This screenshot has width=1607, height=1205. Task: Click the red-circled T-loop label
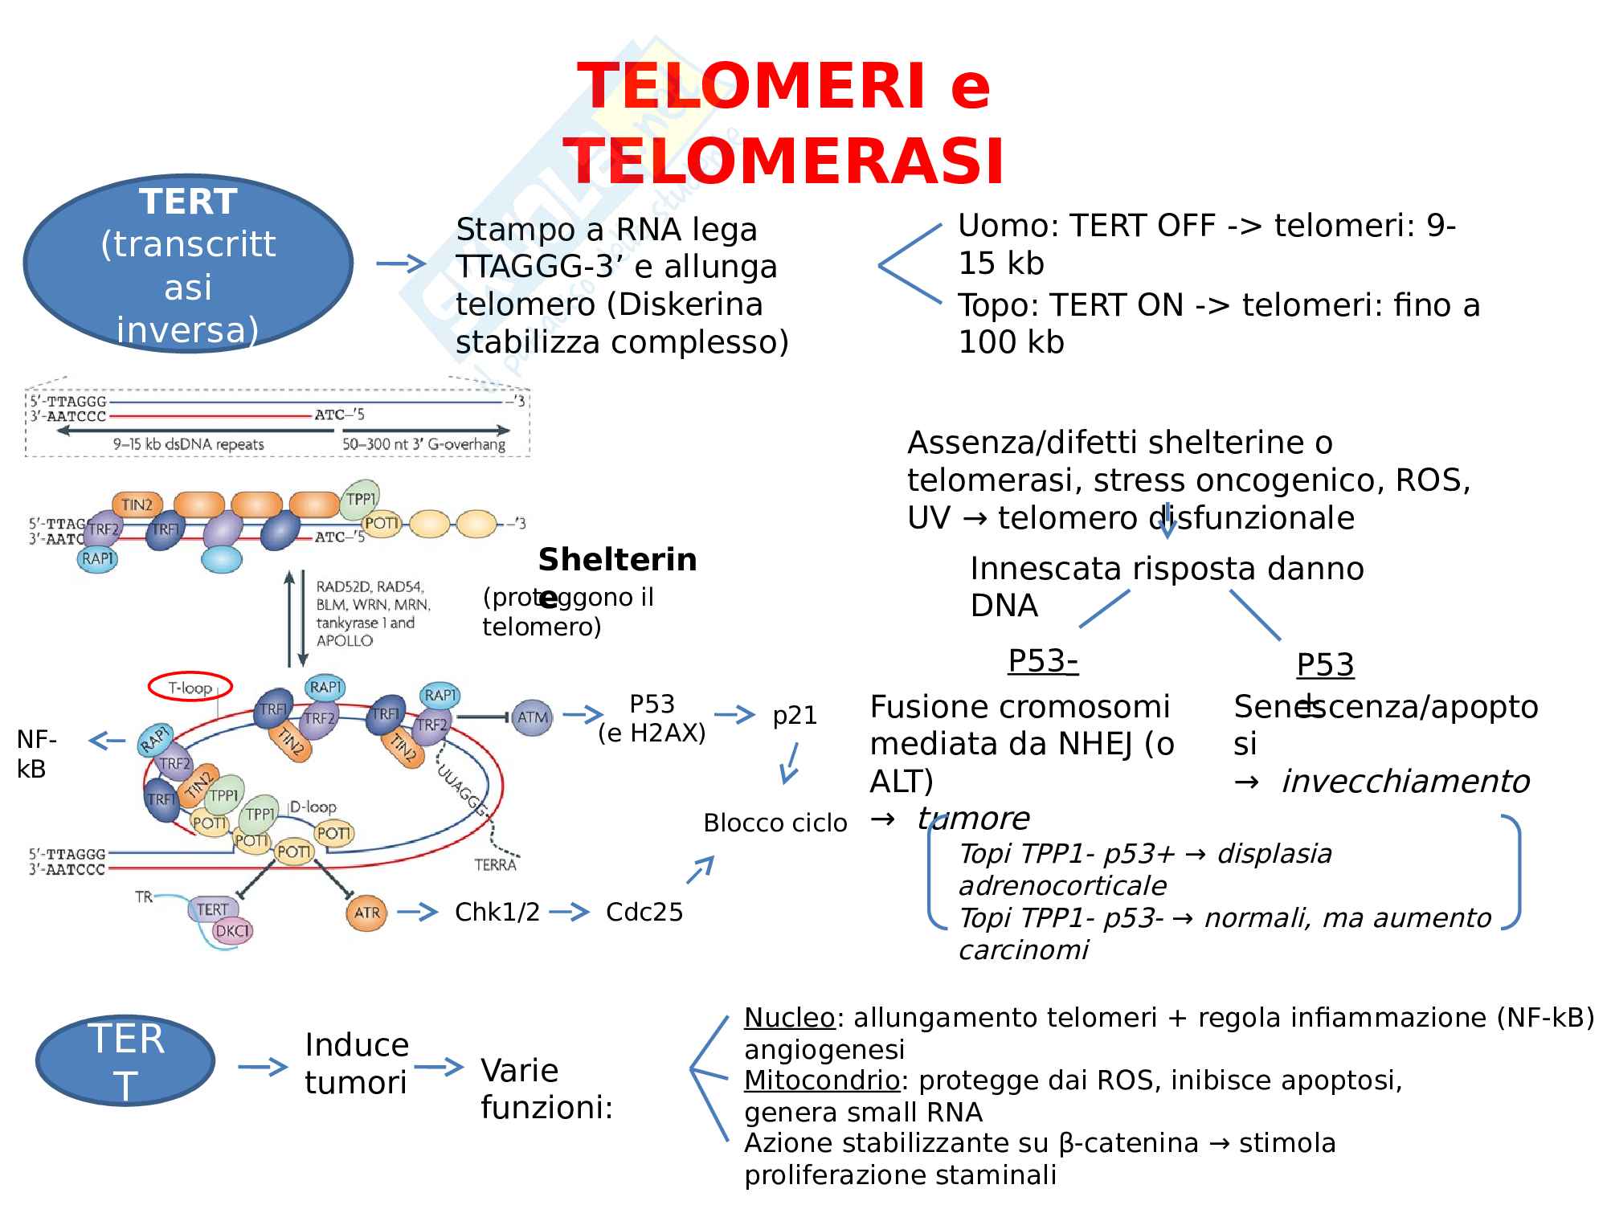[x=190, y=687]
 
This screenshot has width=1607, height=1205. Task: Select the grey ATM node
[x=532, y=717]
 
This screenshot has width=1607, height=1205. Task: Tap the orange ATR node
[x=366, y=913]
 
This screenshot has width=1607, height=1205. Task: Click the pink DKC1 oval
[x=233, y=931]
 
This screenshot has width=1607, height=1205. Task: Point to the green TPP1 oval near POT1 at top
[x=360, y=499]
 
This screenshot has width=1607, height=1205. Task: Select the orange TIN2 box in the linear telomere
[x=137, y=504]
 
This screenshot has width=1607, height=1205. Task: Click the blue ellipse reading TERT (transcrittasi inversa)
[x=188, y=263]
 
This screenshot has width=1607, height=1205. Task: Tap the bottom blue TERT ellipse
[x=125, y=1061]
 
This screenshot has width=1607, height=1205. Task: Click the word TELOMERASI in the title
[x=783, y=161]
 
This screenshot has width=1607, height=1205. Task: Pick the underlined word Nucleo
[x=789, y=1017]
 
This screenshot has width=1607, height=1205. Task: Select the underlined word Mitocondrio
[x=821, y=1080]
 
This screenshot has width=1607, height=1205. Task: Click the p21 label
[x=795, y=715]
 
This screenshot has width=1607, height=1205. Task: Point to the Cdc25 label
[x=644, y=912]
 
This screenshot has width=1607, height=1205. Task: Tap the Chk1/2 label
[x=497, y=912]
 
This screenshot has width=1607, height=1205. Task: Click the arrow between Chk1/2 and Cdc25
[x=570, y=912]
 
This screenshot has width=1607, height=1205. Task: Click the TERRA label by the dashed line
[x=495, y=864]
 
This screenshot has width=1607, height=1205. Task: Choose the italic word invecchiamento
[x=1405, y=781]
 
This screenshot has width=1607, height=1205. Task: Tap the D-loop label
[x=313, y=807]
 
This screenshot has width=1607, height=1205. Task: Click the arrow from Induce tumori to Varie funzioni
[x=440, y=1067]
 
